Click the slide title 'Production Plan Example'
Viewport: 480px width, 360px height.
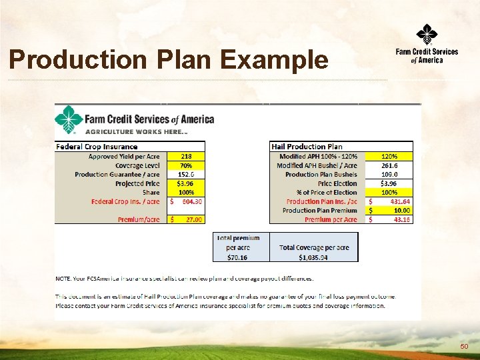click(169, 60)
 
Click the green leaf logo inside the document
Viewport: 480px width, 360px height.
click(69, 120)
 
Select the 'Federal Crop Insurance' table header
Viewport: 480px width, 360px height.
click(97, 147)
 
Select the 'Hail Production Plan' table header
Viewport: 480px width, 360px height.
click(307, 147)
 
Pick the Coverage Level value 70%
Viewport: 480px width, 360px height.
click(186, 165)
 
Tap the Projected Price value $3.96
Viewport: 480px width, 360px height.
click(186, 183)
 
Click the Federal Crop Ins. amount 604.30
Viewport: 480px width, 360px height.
click(191, 201)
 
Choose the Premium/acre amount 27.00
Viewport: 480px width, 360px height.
click(193, 219)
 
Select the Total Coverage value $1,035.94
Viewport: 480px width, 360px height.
click(313, 256)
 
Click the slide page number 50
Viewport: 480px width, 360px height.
click(463, 347)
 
